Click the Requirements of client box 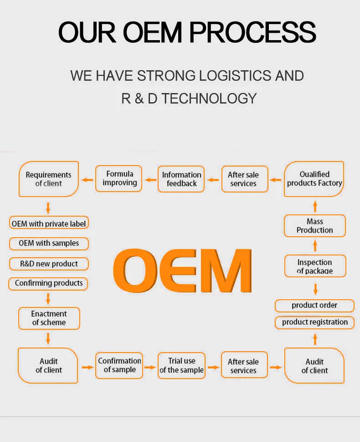coord(49,179)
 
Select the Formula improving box coord(119,178)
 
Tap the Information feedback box coord(181,179)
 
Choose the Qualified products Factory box coord(314,179)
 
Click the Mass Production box coord(314,226)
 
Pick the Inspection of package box coord(315,266)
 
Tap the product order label coord(314,305)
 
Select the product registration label coord(314,322)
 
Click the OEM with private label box coord(49,224)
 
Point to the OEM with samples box coord(49,243)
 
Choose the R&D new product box coord(49,264)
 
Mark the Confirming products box coord(48,283)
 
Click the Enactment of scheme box coord(49,318)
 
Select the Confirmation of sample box coord(119,365)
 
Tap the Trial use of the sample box coord(181,365)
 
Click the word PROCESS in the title coord(252,32)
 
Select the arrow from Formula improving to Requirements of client coord(87,179)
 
